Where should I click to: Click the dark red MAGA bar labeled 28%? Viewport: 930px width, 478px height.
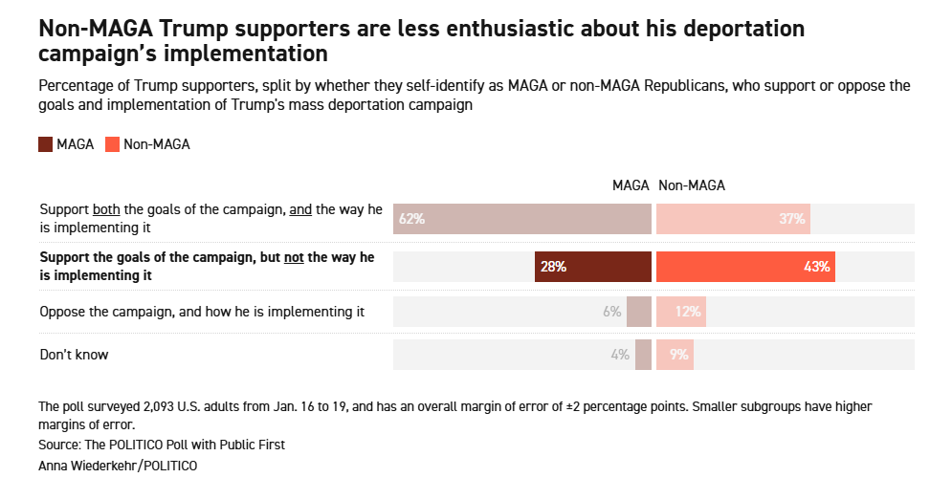[593, 267]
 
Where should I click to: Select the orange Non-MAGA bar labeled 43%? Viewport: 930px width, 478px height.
[746, 267]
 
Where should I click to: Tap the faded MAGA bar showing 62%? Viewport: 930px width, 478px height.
[522, 219]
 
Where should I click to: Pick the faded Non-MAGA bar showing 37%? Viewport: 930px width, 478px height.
[734, 219]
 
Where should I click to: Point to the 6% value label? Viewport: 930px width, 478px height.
[612, 312]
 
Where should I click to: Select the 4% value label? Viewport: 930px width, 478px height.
[620, 355]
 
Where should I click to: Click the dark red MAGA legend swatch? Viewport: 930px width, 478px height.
[46, 144]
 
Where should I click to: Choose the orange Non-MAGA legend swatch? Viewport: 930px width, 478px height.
[112, 144]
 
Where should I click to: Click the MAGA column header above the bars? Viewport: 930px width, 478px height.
[631, 185]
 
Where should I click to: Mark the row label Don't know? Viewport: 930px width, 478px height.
[74, 355]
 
